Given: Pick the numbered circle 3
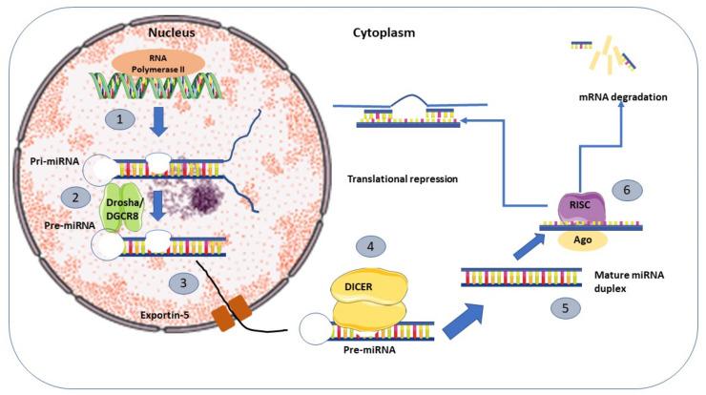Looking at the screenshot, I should (x=184, y=283).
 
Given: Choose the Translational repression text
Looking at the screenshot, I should (x=405, y=177).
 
